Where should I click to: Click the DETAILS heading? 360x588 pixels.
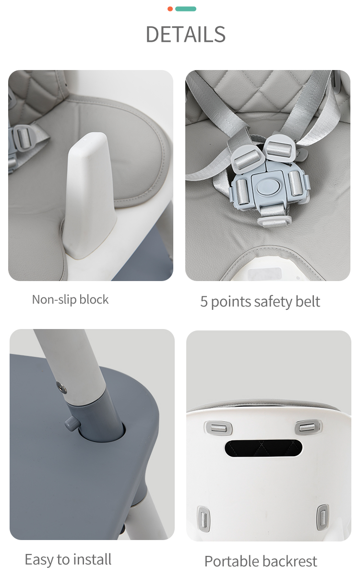point(185,35)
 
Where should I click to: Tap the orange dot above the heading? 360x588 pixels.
point(170,9)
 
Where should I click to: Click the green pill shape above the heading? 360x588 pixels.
point(186,9)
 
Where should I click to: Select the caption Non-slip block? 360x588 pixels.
point(70,299)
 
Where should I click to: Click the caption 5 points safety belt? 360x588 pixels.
point(260,302)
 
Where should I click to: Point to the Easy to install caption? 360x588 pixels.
point(68,559)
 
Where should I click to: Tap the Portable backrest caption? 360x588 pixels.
point(261,562)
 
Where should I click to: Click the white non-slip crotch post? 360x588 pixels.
point(88,196)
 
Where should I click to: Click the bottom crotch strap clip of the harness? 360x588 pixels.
point(275,221)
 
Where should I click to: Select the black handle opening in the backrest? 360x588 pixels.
point(264,448)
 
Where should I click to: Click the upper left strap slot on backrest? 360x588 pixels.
point(218,428)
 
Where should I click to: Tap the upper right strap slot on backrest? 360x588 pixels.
point(308,427)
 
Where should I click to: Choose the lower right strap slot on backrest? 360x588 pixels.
point(323,517)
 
